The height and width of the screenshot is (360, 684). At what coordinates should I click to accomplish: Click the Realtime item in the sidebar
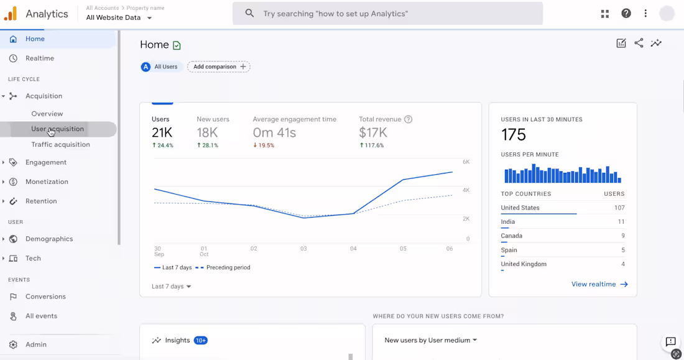coord(39,58)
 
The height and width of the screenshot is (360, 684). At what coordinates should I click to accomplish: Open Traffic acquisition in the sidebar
coord(60,144)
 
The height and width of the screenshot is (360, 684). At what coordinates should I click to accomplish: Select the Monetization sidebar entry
coord(47,182)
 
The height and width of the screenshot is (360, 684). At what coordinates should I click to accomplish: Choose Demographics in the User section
coord(49,239)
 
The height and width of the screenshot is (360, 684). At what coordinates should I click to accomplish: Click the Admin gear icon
coord(13,344)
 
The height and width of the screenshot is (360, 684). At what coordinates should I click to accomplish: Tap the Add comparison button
coord(219,67)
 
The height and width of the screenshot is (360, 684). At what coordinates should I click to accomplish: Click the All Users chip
coord(161,67)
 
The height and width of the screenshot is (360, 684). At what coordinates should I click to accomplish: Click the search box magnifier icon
coord(250,13)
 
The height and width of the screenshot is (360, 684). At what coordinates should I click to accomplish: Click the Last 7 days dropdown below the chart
coord(172,287)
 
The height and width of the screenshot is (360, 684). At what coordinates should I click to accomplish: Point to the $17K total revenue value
coord(373,132)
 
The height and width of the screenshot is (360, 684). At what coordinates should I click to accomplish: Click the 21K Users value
coord(162,132)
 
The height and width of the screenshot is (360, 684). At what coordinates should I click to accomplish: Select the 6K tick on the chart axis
coord(466,162)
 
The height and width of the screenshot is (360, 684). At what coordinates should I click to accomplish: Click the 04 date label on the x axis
coord(353,249)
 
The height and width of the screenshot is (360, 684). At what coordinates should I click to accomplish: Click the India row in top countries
coord(508,222)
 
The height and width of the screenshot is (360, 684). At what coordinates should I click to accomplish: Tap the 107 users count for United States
coord(619,208)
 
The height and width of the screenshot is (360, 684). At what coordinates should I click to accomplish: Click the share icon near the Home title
coord(639,43)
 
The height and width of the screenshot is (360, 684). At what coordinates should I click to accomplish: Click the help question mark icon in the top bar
coord(626,13)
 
